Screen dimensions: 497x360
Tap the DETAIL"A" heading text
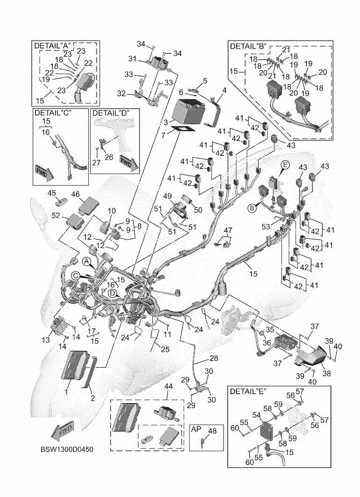53,45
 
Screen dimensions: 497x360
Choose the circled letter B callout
252,208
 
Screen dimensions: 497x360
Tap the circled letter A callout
86,260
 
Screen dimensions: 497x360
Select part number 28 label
202,359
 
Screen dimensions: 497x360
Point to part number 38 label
326,373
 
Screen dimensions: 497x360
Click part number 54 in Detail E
257,414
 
